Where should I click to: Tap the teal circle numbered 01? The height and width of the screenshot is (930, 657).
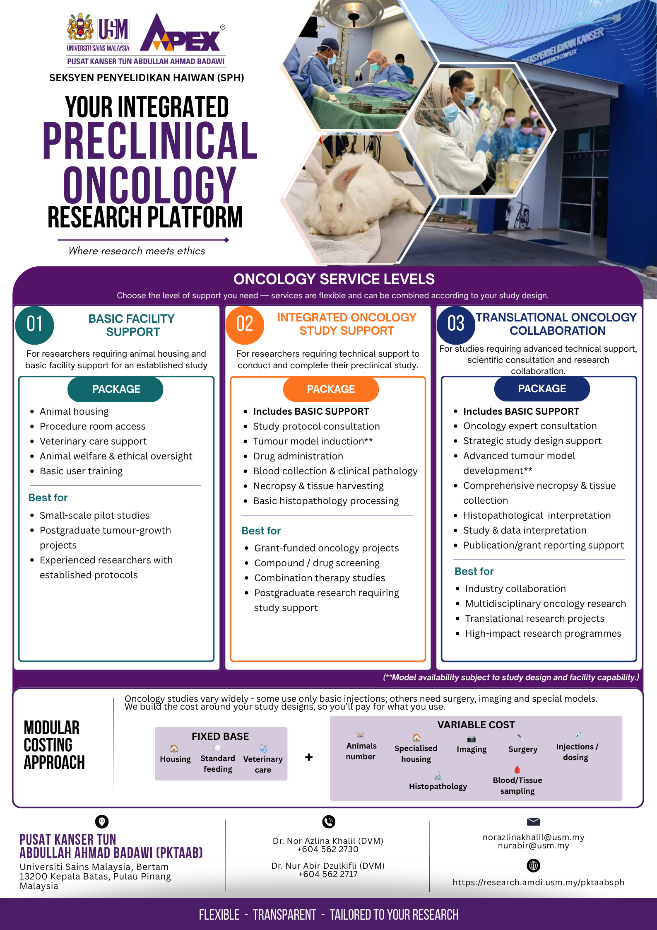35,325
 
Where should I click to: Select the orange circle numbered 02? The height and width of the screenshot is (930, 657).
245,325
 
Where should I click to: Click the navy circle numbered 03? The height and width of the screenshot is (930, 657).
456,325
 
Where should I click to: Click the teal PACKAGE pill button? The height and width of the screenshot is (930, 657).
116,389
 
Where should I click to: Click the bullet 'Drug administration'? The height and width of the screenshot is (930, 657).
298,456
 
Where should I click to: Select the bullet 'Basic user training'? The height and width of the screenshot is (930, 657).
81,471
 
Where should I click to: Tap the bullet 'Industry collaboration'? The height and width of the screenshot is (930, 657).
515,589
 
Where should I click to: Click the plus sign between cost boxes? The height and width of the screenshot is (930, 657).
309,757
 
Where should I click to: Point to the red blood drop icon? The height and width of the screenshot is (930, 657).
517,770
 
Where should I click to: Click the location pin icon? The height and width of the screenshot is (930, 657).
102,821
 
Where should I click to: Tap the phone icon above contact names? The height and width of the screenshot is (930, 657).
329,821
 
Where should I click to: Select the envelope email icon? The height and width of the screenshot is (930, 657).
533,821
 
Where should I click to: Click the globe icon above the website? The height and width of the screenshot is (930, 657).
533,865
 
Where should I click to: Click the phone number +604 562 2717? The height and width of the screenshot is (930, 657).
328,874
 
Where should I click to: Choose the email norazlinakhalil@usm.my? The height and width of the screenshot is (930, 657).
533,837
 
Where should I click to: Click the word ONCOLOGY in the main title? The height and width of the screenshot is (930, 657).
150,185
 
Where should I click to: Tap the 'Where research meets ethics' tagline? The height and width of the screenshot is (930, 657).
137,251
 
